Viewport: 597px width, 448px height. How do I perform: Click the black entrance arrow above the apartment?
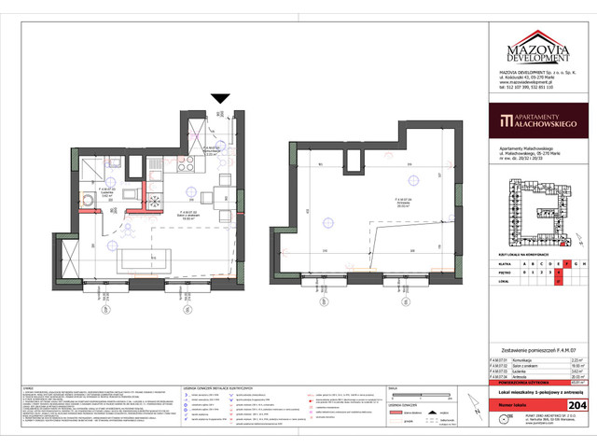(220, 98)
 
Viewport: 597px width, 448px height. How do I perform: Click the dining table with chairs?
(221, 197)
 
